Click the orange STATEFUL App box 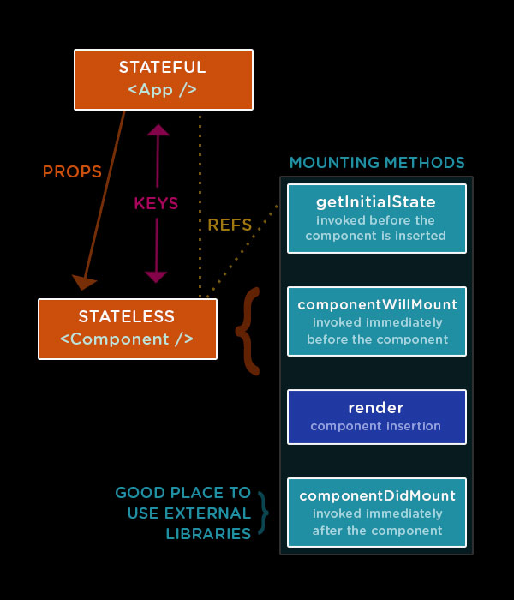[164, 80]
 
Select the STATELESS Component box [127, 328]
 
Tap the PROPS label [72, 171]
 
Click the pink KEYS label [156, 204]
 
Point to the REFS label [230, 225]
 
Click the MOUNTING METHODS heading [377, 163]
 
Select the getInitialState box [376, 219]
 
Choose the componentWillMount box [376, 321]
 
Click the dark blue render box [376, 417]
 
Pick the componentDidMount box [376, 512]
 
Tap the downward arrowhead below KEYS [156, 276]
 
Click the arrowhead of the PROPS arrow [83, 281]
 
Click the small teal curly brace [263, 513]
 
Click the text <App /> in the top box [163, 89]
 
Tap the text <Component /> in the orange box [127, 339]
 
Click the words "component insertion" [375, 426]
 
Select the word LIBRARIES [208, 534]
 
